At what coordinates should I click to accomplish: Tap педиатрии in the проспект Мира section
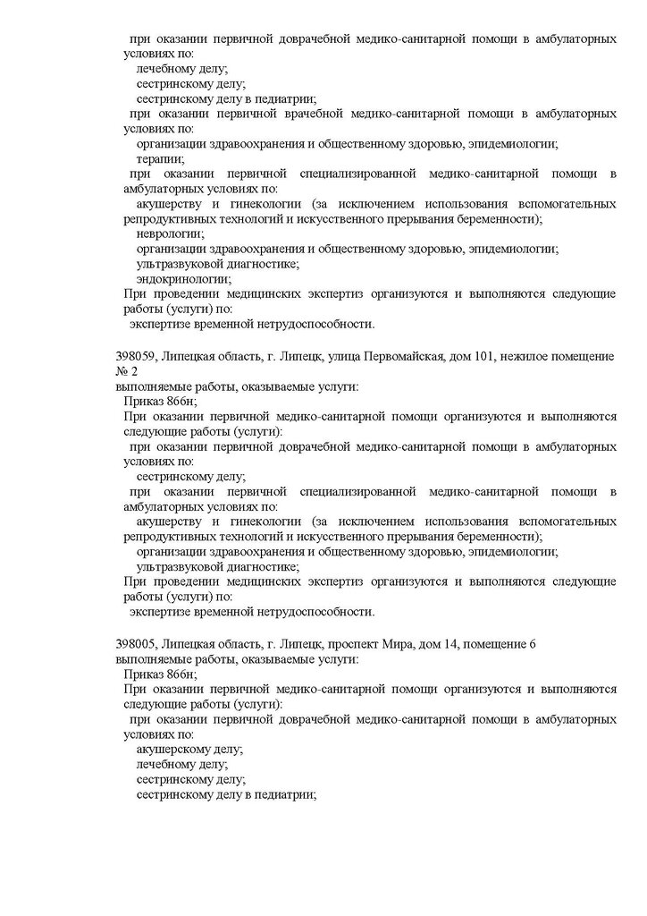[x=285, y=793]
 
